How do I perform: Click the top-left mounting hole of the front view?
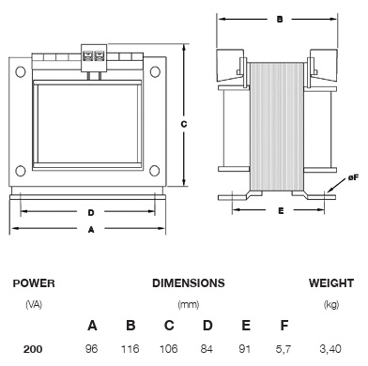[x=21, y=71]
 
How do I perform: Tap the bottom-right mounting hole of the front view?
[x=155, y=171]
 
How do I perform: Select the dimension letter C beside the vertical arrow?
[x=184, y=124]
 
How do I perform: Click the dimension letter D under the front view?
[x=91, y=213]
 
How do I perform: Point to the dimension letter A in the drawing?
[x=91, y=230]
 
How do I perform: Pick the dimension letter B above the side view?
[x=280, y=20]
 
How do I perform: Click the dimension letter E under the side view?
[x=281, y=211]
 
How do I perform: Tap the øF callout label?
[x=353, y=178]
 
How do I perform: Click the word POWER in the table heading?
[x=34, y=283]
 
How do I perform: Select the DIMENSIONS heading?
[x=189, y=283]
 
